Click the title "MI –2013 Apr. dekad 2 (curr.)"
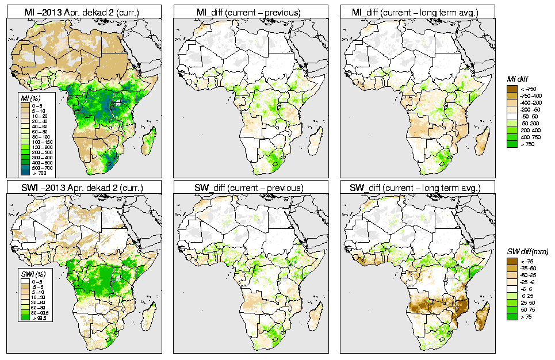coord(82,11)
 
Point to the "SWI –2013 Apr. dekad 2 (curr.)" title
coord(82,187)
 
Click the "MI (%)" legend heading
coord(26,98)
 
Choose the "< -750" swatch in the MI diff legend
coord(511,89)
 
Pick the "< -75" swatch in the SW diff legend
coord(511,261)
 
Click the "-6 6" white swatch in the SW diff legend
coord(511,289)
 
